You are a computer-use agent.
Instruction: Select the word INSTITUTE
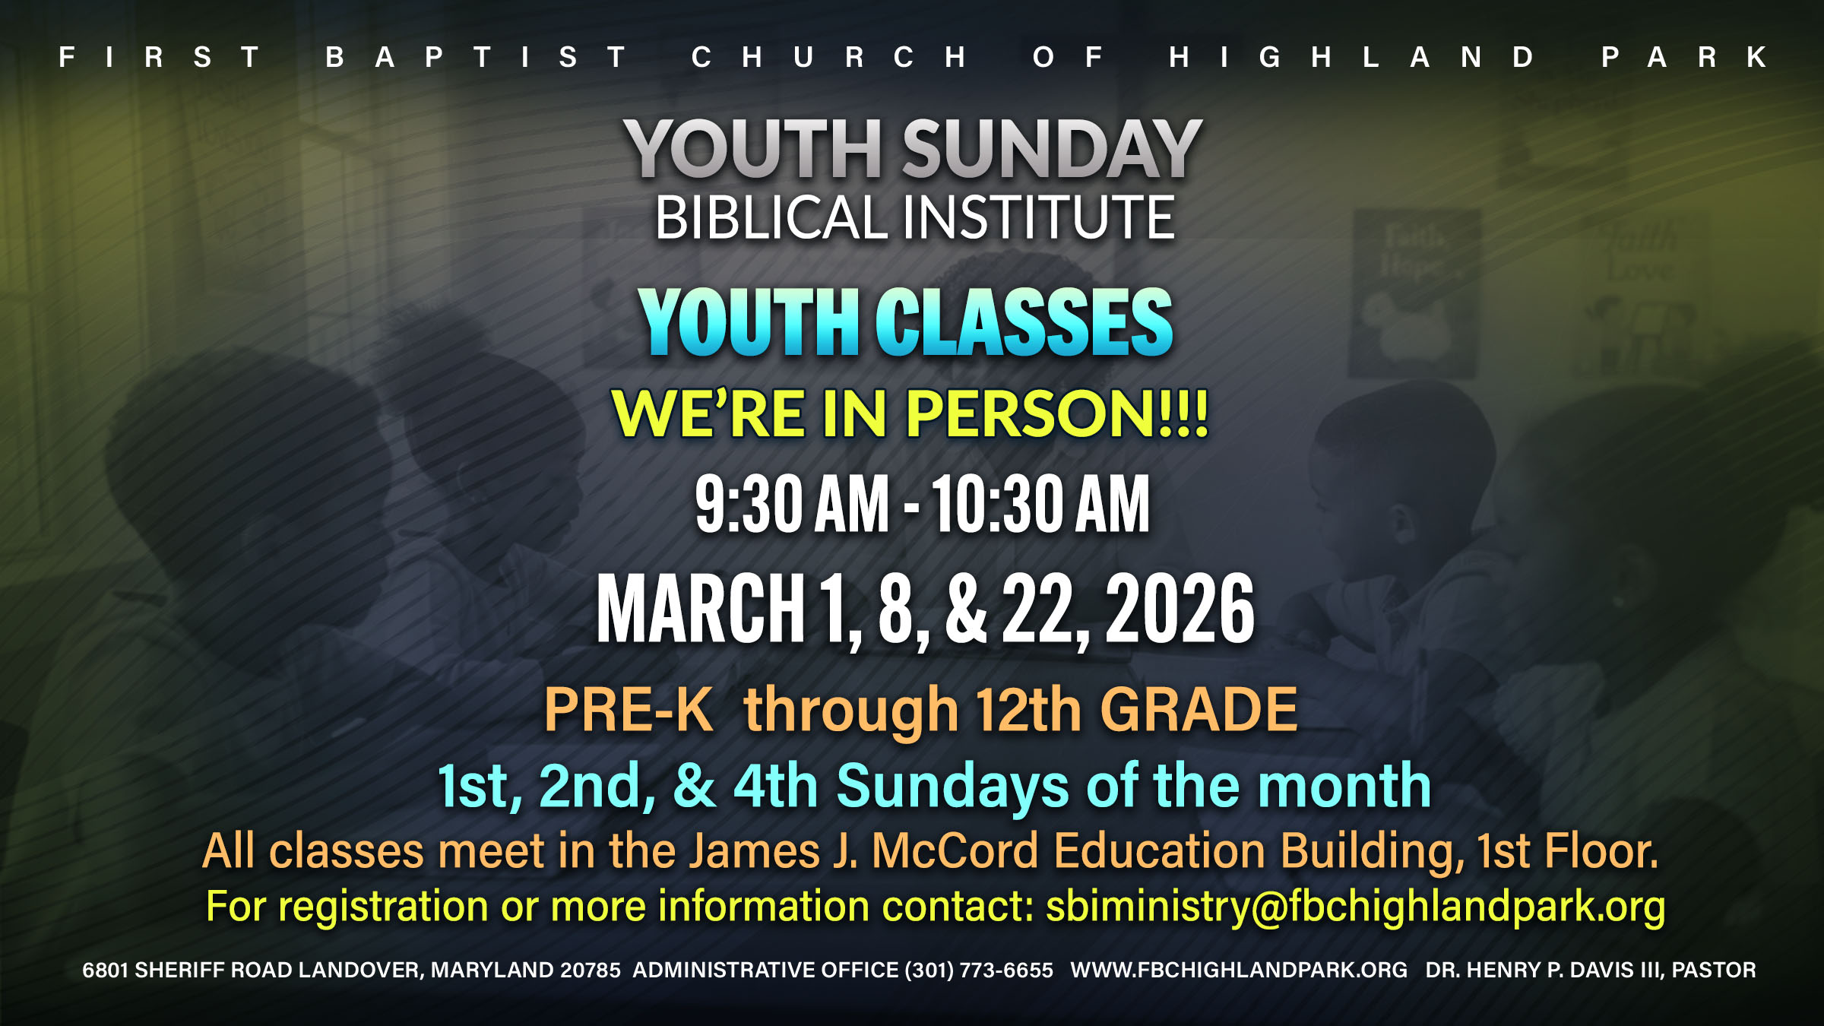pyautogui.click(x=1039, y=217)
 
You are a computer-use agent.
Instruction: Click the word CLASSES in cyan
pyautogui.click(x=1024, y=322)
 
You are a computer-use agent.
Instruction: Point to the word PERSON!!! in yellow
pyautogui.click(x=1057, y=413)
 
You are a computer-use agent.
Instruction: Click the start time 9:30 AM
pyautogui.click(x=792, y=503)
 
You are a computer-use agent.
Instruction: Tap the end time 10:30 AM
pyautogui.click(x=1041, y=503)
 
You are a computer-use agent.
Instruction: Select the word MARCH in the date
pyautogui.click(x=701, y=608)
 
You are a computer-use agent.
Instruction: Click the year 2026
pyautogui.click(x=1180, y=608)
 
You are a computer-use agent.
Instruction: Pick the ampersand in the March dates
pyautogui.click(x=967, y=608)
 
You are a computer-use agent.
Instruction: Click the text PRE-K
pyautogui.click(x=629, y=710)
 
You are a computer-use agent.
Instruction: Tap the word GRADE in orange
pyautogui.click(x=1199, y=710)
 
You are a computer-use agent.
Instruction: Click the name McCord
pyautogui.click(x=955, y=850)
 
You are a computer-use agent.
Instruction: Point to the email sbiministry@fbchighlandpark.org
pyautogui.click(x=1355, y=907)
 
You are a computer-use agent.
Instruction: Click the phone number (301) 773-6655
pyautogui.click(x=979, y=970)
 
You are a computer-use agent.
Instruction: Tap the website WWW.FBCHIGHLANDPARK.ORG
pyautogui.click(x=1239, y=970)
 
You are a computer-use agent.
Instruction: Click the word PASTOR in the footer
pyautogui.click(x=1714, y=970)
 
